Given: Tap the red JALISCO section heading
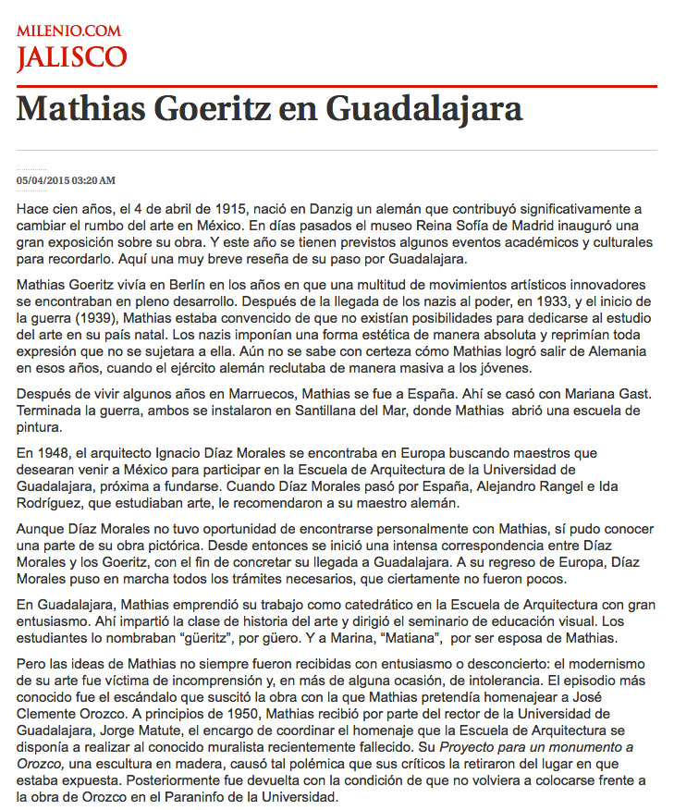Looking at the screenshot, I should (71, 57).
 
